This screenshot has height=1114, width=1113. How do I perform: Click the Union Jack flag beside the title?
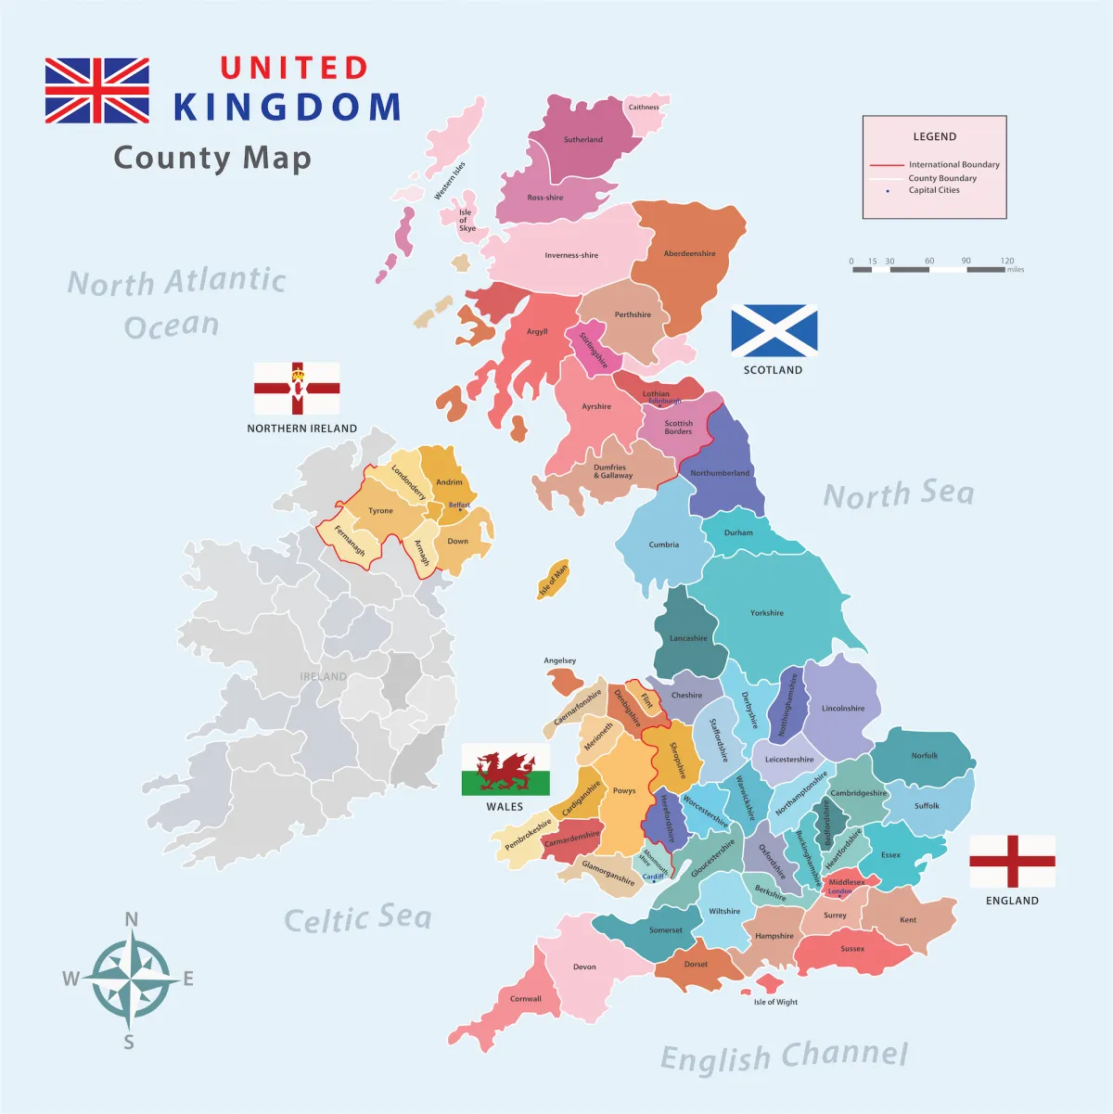point(97,91)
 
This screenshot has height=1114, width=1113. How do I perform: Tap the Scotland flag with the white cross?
point(774,331)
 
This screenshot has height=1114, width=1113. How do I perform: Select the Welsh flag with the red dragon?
point(505,770)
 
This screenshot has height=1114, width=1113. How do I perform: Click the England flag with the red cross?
point(1012,862)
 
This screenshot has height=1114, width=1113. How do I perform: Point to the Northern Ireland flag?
point(297,389)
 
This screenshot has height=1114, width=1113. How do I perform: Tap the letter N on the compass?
point(132,920)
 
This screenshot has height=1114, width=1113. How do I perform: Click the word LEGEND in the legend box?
point(934,136)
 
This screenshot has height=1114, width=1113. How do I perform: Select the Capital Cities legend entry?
point(934,190)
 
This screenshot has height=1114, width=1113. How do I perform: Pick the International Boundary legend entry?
point(953,164)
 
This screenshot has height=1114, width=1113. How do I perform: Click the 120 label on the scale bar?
point(1007,261)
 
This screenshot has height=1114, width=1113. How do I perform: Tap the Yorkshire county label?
point(767,613)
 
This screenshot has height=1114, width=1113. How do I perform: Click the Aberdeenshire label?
point(689,253)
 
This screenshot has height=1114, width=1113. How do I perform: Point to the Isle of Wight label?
point(775,1002)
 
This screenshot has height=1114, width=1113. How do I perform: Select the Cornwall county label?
point(526,999)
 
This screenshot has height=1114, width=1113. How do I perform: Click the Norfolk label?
point(925,756)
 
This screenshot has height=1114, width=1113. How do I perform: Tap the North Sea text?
point(899,494)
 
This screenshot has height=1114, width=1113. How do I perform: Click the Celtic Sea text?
point(358,918)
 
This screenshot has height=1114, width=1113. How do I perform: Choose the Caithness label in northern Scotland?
point(644,108)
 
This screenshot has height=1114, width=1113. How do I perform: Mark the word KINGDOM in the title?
point(288,108)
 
